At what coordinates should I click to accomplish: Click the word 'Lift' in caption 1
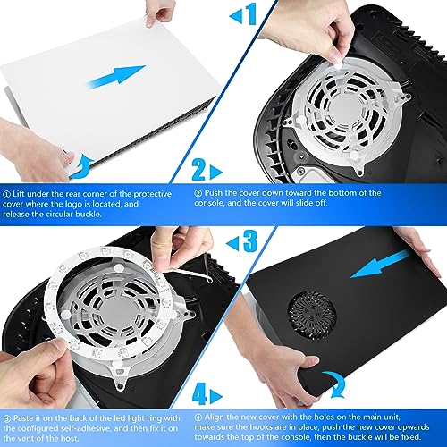21,191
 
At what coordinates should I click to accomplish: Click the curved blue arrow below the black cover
333,381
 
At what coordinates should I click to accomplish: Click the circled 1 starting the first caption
7,191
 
